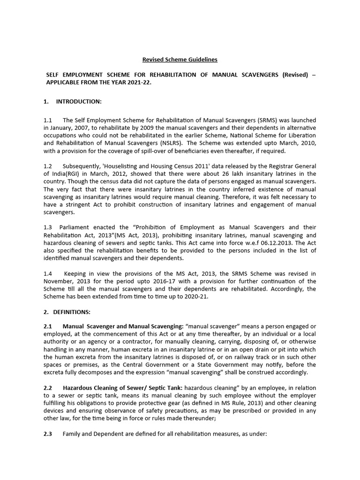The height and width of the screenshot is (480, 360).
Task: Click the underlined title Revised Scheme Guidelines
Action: (180, 60)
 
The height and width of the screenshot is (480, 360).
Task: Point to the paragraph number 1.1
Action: (47, 120)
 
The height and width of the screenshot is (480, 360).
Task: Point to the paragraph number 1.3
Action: (47, 227)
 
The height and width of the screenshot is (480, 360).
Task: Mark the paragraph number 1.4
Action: (47, 273)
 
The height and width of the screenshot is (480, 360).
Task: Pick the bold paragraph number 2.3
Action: (47, 434)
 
